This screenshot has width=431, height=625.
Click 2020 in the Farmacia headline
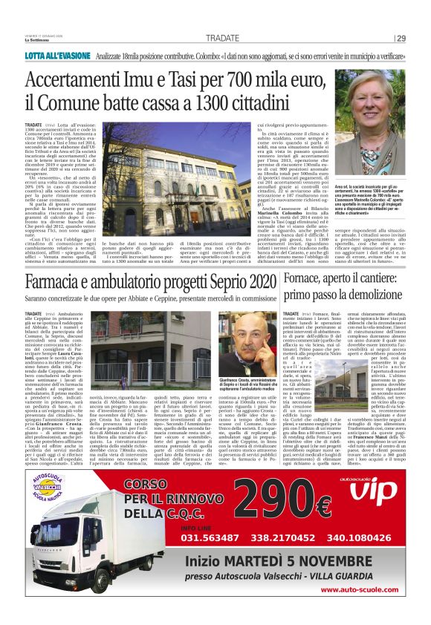[250, 283]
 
